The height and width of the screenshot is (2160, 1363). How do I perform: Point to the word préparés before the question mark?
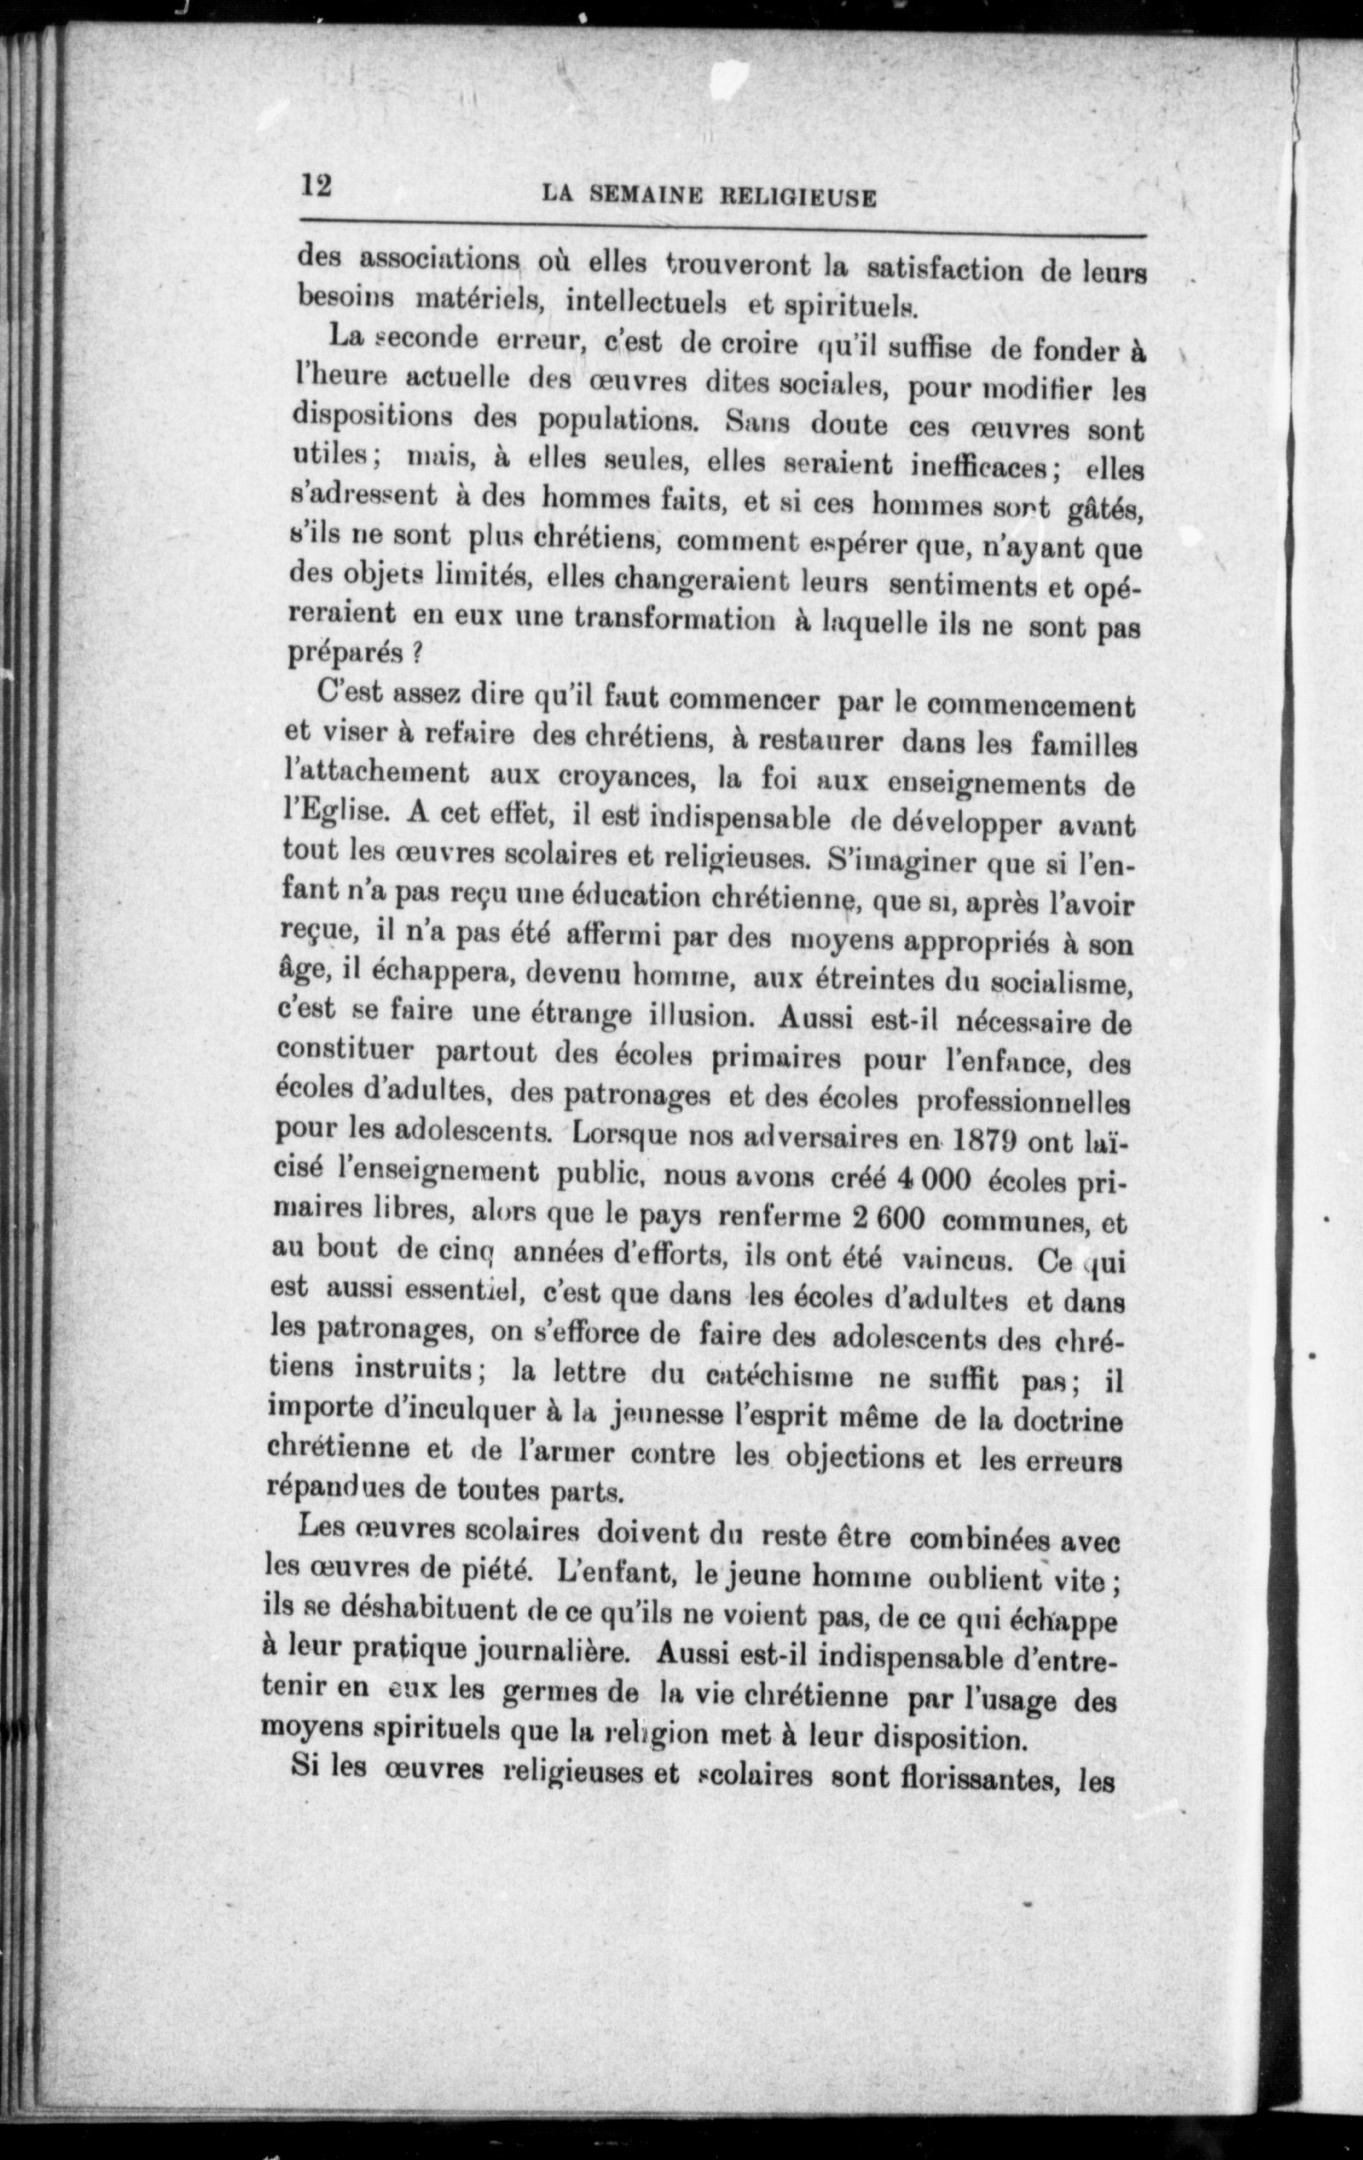coord(346,653)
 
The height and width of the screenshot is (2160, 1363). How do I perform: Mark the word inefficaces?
coord(971,465)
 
